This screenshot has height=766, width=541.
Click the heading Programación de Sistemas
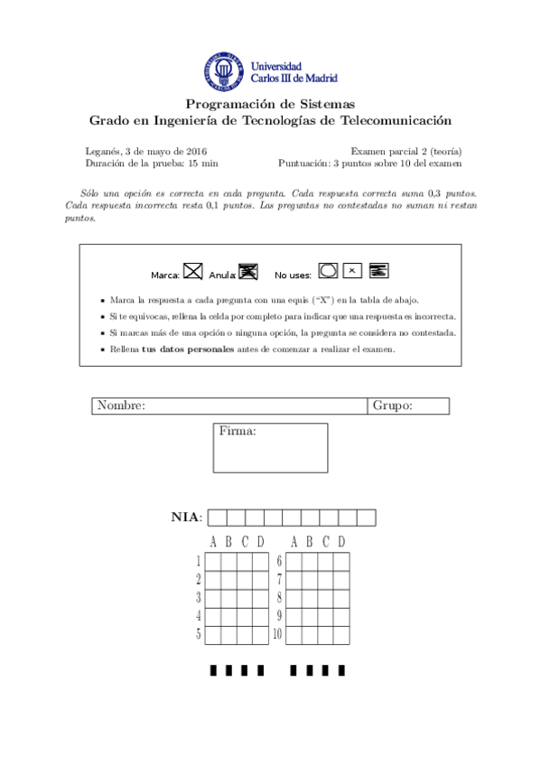tap(270, 105)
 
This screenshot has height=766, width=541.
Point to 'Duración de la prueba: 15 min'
tap(140, 163)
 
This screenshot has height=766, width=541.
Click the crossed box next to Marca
tap(192, 270)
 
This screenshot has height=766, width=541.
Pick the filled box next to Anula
tap(248, 270)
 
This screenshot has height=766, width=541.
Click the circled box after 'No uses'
tap(329, 269)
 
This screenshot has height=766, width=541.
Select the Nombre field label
tap(121, 406)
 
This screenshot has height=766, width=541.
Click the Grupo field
tap(409, 406)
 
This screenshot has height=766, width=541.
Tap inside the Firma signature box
tap(270, 452)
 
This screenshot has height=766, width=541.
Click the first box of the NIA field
tap(217, 518)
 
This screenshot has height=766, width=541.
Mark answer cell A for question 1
tap(213, 561)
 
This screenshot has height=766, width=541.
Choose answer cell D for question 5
tap(260, 634)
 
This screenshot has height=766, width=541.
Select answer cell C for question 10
tap(326, 634)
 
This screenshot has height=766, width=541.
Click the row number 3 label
tap(198, 597)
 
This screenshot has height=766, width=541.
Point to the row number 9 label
tap(280, 616)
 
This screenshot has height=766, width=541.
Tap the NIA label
tap(186, 518)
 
